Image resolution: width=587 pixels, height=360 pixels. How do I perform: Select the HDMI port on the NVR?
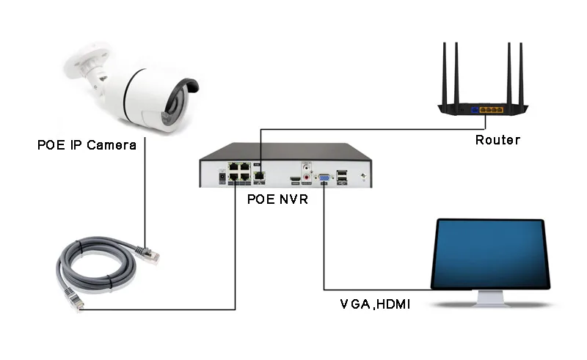click(294, 179)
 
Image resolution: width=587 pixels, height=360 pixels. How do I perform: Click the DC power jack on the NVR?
click(221, 177)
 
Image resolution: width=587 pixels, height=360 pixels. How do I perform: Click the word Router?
click(497, 140)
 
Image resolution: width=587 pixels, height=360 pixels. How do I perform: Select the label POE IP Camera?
click(87, 144)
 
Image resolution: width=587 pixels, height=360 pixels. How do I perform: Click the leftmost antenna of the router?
click(445, 73)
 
